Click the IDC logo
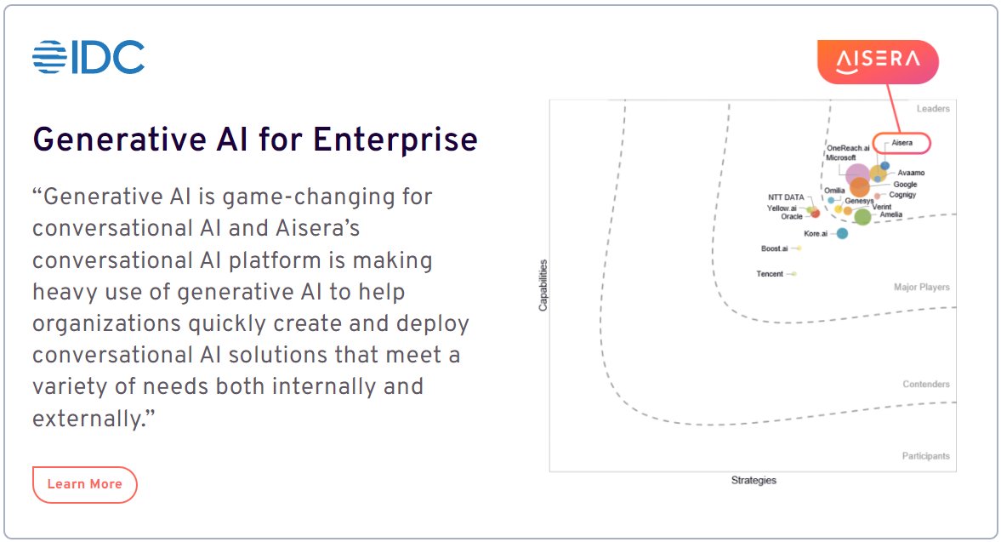[x=88, y=57]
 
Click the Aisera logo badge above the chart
[x=878, y=61]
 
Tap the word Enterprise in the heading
[x=395, y=140]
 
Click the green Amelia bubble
[x=862, y=217]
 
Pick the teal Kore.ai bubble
[x=842, y=233]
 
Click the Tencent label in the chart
[x=770, y=274]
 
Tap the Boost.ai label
[x=774, y=248]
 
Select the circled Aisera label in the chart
[x=901, y=143]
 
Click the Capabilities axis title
[x=543, y=285]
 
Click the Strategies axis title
[x=754, y=481]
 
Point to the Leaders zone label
[x=933, y=109]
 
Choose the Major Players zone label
[x=922, y=288]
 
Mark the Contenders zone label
[x=926, y=385]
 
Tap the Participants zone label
[x=925, y=456]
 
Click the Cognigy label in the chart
[x=902, y=196]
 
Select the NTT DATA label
[x=786, y=197]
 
